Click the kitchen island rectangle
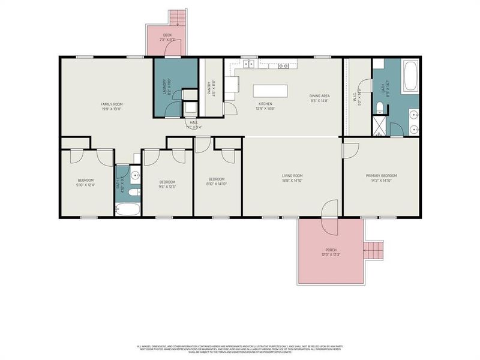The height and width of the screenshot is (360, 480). pyautogui.click(x=270, y=90)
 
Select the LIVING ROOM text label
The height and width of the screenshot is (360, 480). pyautogui.click(x=293, y=176)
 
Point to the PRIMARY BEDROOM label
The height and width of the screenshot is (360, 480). pyautogui.click(x=382, y=176)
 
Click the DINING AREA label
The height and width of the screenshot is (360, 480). pyautogui.click(x=319, y=96)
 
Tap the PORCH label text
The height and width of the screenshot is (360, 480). pyautogui.click(x=330, y=250)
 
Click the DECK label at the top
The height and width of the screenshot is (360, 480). pyautogui.click(x=166, y=35)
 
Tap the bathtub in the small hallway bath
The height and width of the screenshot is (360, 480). pyautogui.click(x=127, y=209)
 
